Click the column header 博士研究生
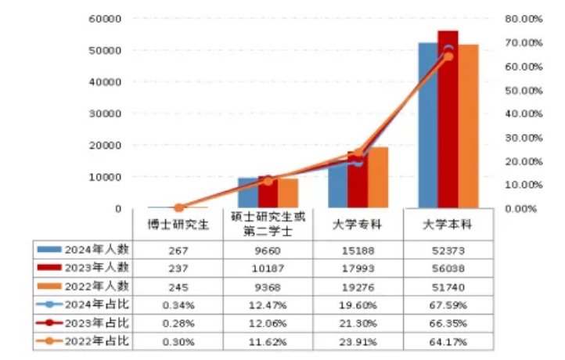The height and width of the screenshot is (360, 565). pos(179,225)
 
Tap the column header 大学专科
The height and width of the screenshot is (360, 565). pos(358,225)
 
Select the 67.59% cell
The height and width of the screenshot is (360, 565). pos(448,304)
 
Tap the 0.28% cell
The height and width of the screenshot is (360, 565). pos(179,323)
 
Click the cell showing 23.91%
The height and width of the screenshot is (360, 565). pos(358,342)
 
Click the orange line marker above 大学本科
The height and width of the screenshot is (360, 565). pos(448,57)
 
